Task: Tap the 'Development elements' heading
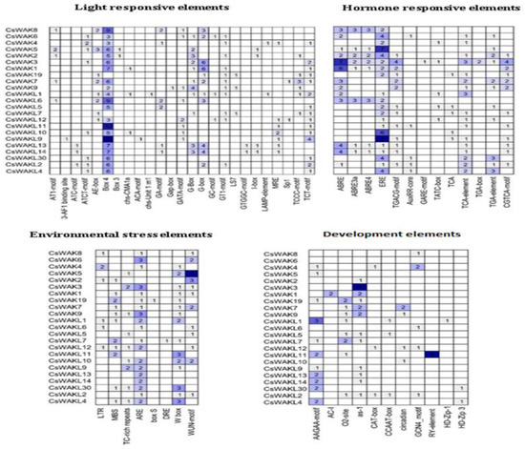(x=399, y=233)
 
